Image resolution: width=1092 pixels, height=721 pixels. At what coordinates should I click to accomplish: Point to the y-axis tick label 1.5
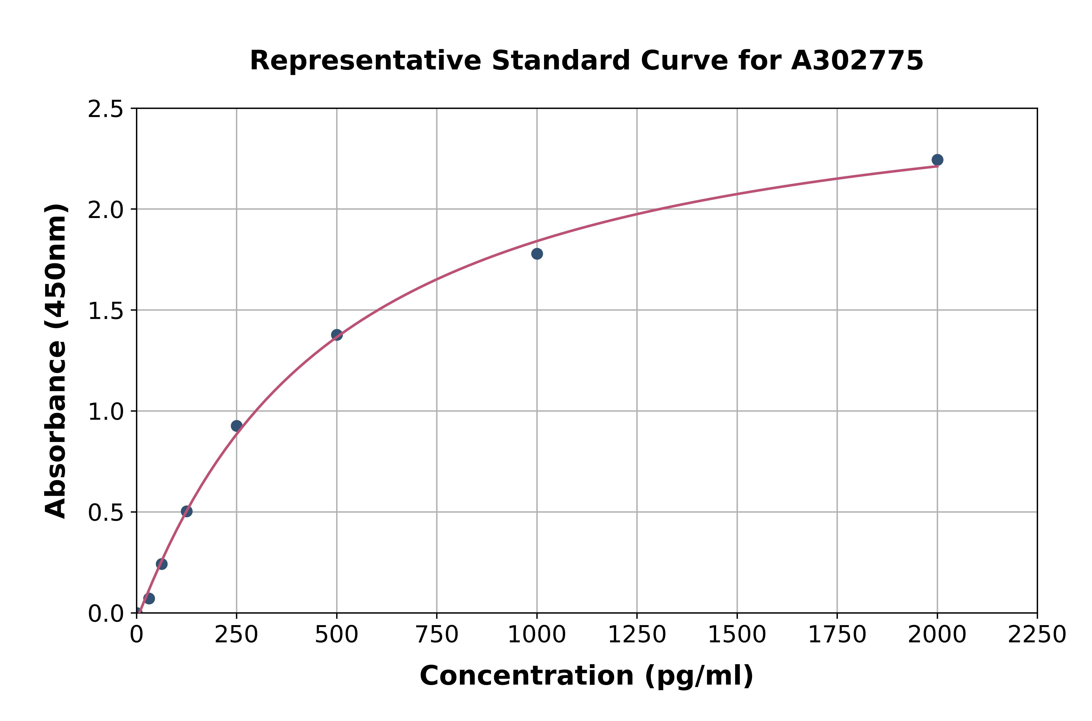pyautogui.click(x=106, y=311)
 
